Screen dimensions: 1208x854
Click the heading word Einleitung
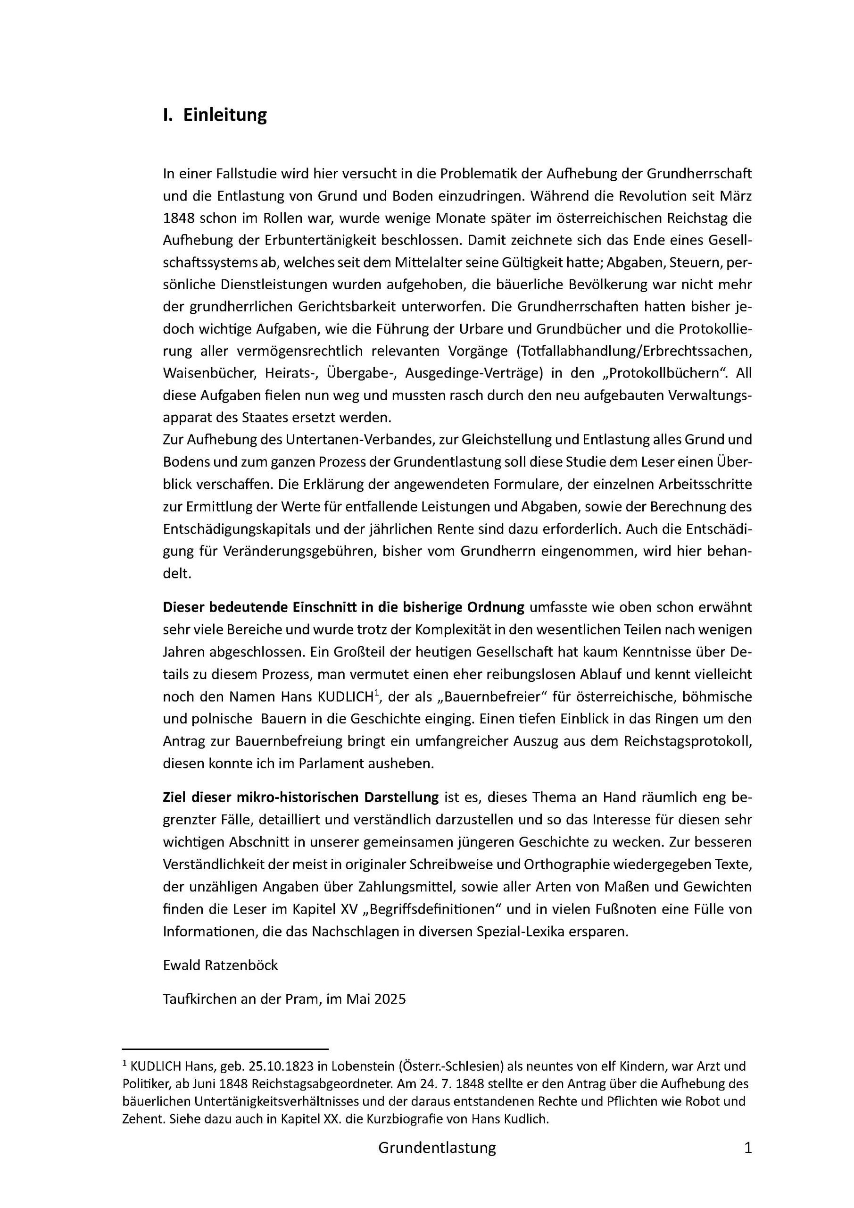click(x=224, y=115)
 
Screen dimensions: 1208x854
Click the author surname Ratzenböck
click(x=240, y=965)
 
